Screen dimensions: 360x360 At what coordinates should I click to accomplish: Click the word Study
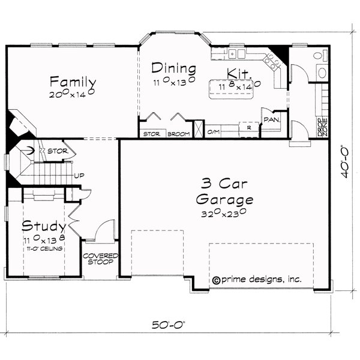point(44,227)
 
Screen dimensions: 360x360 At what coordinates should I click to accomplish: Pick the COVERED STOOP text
point(100,259)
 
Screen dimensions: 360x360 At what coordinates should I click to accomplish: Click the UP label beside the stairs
point(77,176)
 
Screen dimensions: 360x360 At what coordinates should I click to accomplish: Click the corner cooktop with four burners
point(275,60)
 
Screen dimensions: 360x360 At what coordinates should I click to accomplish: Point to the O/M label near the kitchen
point(213,131)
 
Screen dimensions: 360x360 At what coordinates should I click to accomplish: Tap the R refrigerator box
point(248,128)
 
